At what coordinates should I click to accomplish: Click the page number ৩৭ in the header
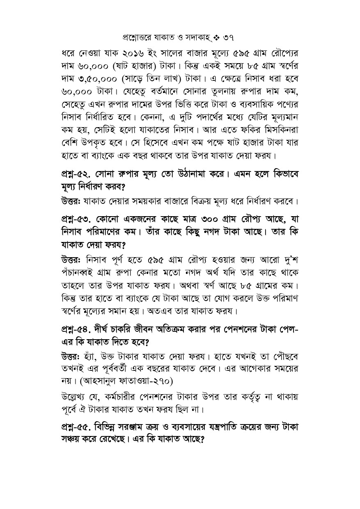tap(228, 38)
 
